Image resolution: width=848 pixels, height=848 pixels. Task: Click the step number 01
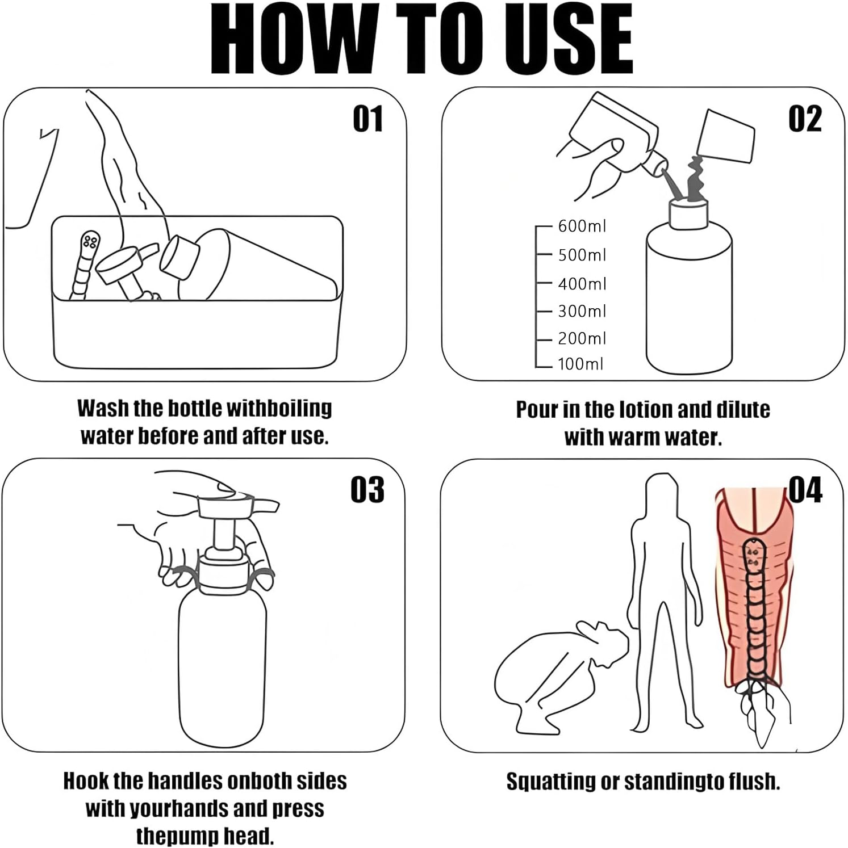point(367,119)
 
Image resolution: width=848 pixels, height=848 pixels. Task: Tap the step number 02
point(805,119)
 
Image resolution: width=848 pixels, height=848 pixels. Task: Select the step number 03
point(367,490)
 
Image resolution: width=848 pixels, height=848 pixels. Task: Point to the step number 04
point(805,490)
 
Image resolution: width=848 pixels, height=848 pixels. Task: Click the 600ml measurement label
point(582,226)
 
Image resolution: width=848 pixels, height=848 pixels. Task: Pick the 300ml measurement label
point(582,311)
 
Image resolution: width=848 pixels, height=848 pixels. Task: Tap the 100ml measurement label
point(580,364)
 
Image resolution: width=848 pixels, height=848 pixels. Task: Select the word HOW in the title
point(293,40)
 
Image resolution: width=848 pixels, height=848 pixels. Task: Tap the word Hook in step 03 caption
point(85,781)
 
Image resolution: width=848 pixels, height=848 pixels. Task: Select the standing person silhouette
point(662,596)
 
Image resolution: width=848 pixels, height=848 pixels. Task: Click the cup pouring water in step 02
point(727,136)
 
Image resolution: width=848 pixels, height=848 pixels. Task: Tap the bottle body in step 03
point(222,670)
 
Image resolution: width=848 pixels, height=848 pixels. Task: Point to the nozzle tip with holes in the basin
point(89,243)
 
